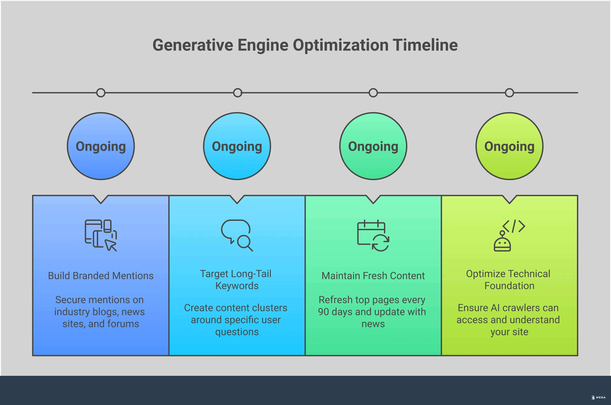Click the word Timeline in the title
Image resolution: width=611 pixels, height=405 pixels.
point(425,45)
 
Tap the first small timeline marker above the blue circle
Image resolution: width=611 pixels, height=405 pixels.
point(101,93)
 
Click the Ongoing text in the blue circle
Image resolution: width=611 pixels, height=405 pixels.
point(101,146)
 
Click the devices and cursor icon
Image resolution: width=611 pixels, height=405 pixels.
point(101,235)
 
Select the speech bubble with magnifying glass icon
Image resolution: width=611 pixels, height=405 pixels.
point(237,235)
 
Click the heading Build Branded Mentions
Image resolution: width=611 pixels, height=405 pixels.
point(101,276)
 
